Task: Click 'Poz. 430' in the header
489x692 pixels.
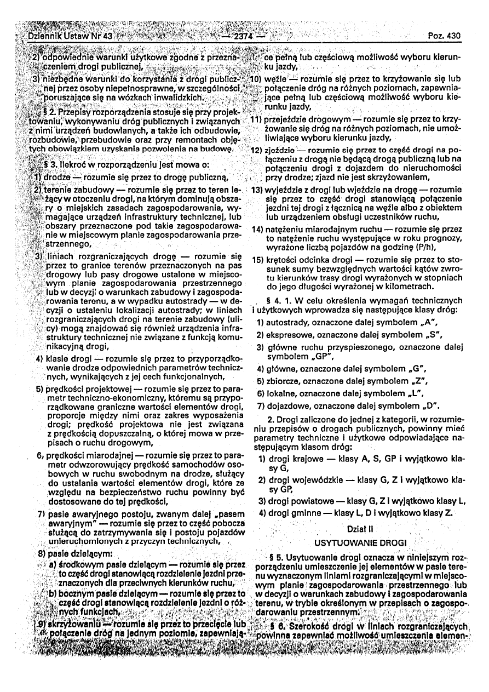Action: coord(446,36)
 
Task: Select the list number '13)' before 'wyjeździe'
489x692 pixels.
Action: coord(256,190)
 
